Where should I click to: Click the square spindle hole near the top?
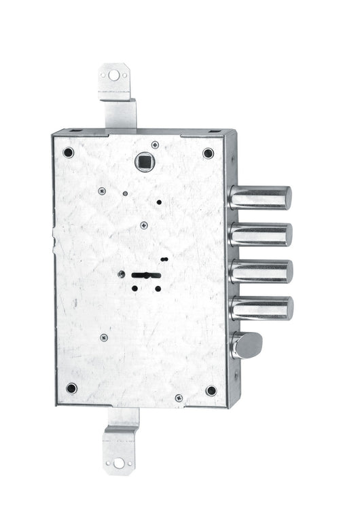(x=143, y=162)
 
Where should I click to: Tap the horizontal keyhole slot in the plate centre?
(x=146, y=276)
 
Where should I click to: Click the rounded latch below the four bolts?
(x=249, y=345)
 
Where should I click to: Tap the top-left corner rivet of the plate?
(x=69, y=152)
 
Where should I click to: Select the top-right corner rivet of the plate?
(x=208, y=153)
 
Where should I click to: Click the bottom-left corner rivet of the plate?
(x=71, y=388)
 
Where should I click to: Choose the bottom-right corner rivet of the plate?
(x=211, y=390)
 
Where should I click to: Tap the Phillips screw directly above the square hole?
(x=155, y=145)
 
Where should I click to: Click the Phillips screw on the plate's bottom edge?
(x=179, y=398)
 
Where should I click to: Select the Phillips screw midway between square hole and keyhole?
(x=143, y=225)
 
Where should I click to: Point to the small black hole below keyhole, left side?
(x=134, y=288)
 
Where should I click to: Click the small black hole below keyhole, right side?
(x=158, y=288)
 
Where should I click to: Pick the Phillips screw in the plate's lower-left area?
(x=103, y=337)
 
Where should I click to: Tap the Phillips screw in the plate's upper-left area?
(x=102, y=191)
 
